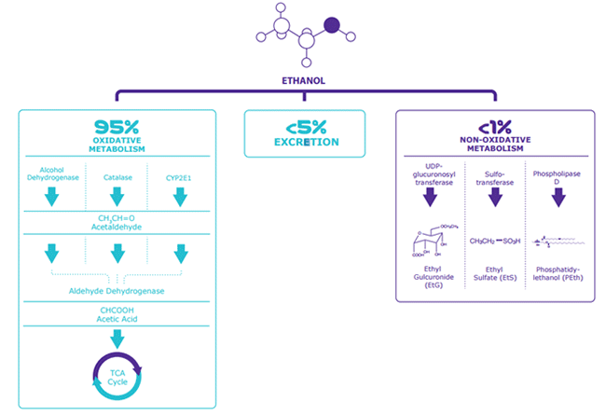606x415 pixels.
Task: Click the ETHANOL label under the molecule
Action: click(303, 80)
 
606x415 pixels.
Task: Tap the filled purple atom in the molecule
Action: click(331, 26)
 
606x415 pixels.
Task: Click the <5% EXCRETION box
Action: click(305, 134)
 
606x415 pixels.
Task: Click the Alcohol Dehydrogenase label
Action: click(53, 177)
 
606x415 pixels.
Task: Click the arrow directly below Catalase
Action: click(117, 196)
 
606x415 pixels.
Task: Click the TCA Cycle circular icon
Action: click(117, 375)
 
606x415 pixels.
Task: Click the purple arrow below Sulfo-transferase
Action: click(495, 197)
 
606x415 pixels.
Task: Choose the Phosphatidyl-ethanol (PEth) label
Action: click(558, 280)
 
